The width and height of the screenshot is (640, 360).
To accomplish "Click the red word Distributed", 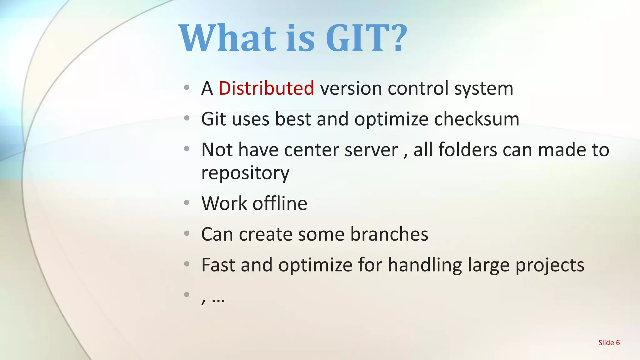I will [x=266, y=88].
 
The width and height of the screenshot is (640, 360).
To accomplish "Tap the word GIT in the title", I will [x=358, y=38].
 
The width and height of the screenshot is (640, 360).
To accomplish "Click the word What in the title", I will [x=228, y=38].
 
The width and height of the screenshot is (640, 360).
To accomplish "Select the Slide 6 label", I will [x=609, y=343].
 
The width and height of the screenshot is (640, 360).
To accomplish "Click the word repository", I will [x=245, y=173].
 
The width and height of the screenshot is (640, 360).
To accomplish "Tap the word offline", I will [x=280, y=203].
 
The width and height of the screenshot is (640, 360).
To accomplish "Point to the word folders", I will [x=467, y=150].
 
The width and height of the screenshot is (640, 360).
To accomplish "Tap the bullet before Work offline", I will [x=187, y=203].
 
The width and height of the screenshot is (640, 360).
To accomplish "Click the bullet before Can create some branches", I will [x=187, y=233].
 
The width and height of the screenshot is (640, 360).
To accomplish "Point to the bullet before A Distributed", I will [x=187, y=87].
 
